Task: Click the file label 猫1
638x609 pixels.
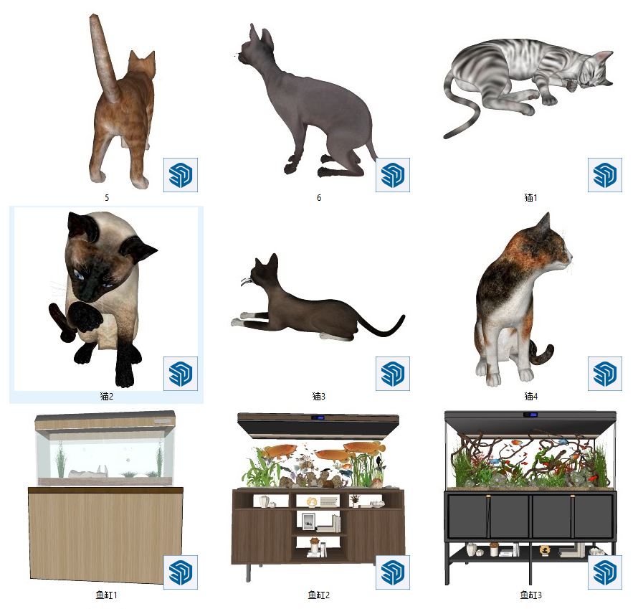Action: pos(530,198)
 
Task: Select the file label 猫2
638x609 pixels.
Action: pos(107,396)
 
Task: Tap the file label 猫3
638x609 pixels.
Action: pos(318,396)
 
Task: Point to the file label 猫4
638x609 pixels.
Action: pos(531,396)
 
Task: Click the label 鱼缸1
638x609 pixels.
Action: pos(107,595)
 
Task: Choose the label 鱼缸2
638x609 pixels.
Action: pos(318,595)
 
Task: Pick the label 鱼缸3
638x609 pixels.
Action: pos(531,595)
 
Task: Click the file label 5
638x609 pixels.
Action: pos(107,198)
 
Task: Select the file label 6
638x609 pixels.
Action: pos(319,198)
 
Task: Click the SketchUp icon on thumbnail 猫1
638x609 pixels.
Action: pos(604,175)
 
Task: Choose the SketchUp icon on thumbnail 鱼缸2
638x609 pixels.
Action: pos(393,572)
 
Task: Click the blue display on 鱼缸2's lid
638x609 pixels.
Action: pos(318,417)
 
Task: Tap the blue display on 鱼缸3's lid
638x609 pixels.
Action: pos(530,415)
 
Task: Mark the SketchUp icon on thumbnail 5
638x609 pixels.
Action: pos(181,175)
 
